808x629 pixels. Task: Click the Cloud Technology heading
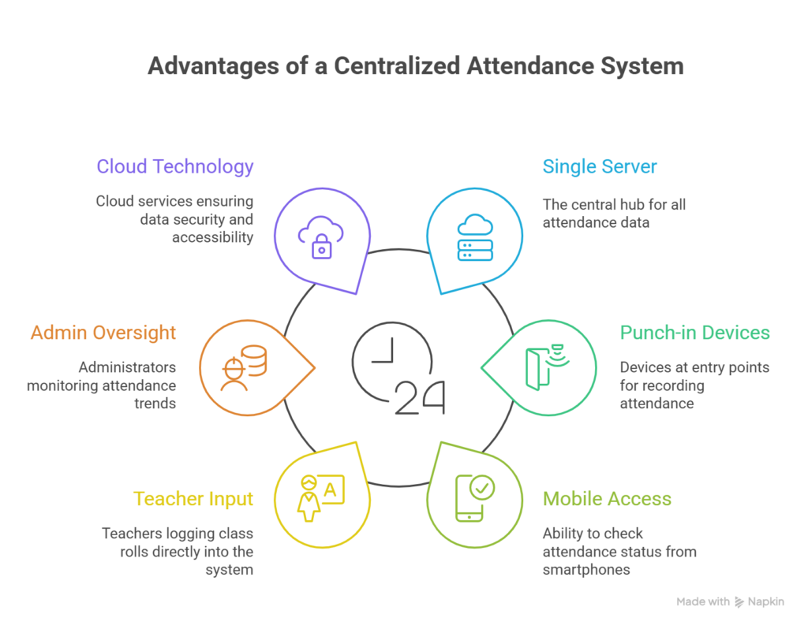(x=175, y=167)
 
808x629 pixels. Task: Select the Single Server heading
(x=600, y=167)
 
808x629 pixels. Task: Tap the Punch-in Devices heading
(x=694, y=333)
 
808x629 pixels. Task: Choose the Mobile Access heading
(x=608, y=499)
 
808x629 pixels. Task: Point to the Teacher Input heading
(x=193, y=499)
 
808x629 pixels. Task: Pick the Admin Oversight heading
(x=103, y=333)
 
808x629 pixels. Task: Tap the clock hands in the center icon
(x=383, y=352)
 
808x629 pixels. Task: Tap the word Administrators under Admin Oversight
(x=127, y=367)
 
